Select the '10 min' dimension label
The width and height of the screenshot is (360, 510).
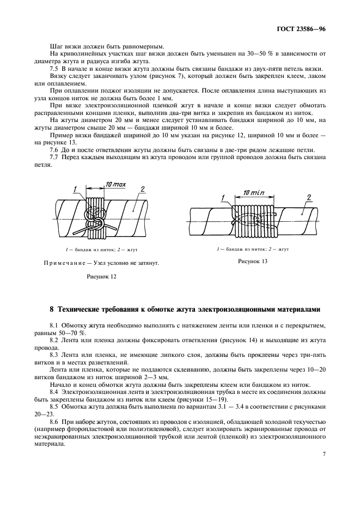coord(253,193)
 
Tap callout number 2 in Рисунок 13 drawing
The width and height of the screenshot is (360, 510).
coord(309,197)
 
